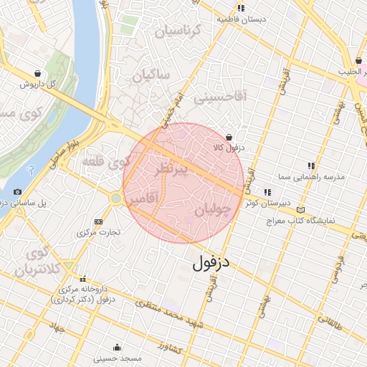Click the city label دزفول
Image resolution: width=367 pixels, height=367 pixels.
[213, 263]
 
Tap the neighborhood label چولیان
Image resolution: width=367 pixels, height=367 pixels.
[214, 210]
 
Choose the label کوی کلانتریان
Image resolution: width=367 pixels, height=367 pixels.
[32, 262]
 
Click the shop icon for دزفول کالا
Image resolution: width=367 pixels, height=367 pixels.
[229, 136]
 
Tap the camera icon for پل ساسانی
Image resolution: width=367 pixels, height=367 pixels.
[17, 192]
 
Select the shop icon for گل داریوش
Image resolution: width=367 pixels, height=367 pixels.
[37, 73]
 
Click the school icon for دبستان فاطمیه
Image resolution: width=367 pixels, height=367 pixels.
[241, 8]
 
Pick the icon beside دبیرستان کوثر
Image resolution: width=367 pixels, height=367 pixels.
[267, 192]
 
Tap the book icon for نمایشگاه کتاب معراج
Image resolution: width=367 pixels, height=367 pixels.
[300, 209]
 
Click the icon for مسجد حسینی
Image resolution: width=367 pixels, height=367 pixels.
[117, 347]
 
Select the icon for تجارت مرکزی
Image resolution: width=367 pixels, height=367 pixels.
[98, 221]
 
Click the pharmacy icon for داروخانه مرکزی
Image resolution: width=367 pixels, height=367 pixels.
[83, 280]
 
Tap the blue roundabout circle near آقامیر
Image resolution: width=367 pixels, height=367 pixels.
[115, 197]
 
